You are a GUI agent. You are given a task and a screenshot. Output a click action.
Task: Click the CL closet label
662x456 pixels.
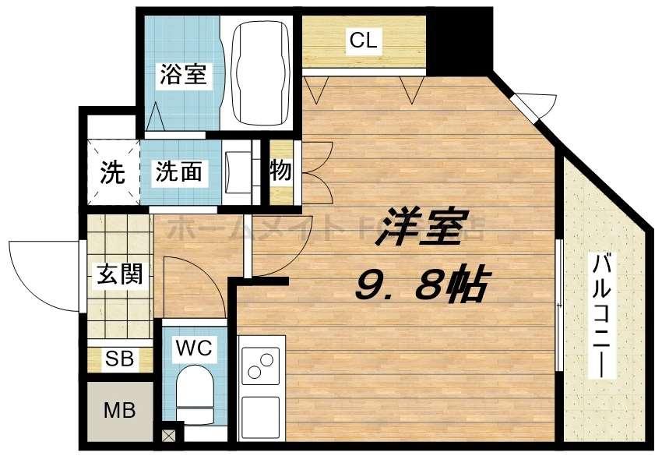(x=363, y=41)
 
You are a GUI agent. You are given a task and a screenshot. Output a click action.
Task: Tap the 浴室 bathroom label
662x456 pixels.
(x=184, y=75)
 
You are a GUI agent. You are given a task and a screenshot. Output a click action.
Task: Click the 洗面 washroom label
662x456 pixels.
(x=178, y=172)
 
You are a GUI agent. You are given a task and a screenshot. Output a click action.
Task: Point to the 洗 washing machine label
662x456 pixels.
(x=112, y=173)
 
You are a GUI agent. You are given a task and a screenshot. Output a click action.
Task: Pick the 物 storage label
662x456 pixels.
(x=280, y=171)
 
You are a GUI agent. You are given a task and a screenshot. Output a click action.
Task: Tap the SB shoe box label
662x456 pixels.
(x=119, y=359)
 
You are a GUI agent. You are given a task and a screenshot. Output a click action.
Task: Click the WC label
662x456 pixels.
(x=194, y=348)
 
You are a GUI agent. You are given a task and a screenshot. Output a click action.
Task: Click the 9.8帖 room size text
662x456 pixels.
(x=421, y=286)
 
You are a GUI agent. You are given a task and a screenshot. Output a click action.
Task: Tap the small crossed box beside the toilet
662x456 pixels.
(x=169, y=435)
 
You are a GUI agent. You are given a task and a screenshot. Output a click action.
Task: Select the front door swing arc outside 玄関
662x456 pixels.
(x=39, y=273)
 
